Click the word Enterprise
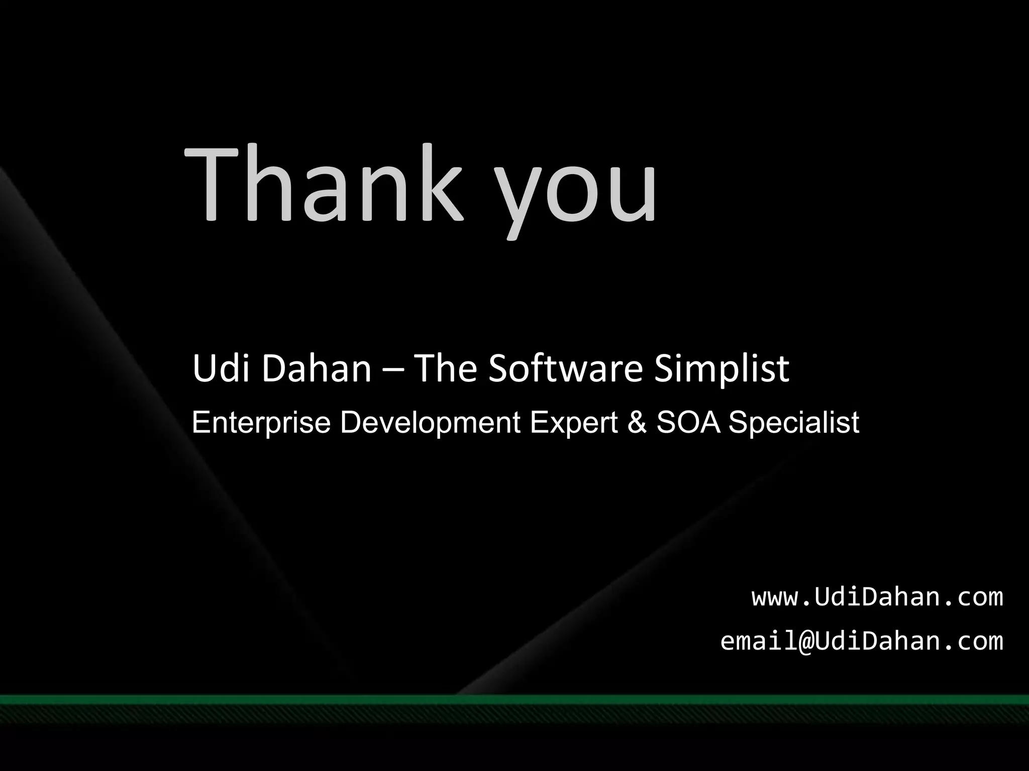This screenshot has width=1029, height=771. (x=261, y=423)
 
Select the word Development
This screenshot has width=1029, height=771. (x=430, y=423)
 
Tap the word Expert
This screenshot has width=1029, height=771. (x=573, y=423)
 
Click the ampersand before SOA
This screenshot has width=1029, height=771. (x=637, y=423)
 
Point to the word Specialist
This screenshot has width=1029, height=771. (x=793, y=423)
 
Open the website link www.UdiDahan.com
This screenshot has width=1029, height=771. (x=877, y=597)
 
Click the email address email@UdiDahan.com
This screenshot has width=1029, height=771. (x=861, y=641)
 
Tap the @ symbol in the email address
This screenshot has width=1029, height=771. (x=806, y=641)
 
